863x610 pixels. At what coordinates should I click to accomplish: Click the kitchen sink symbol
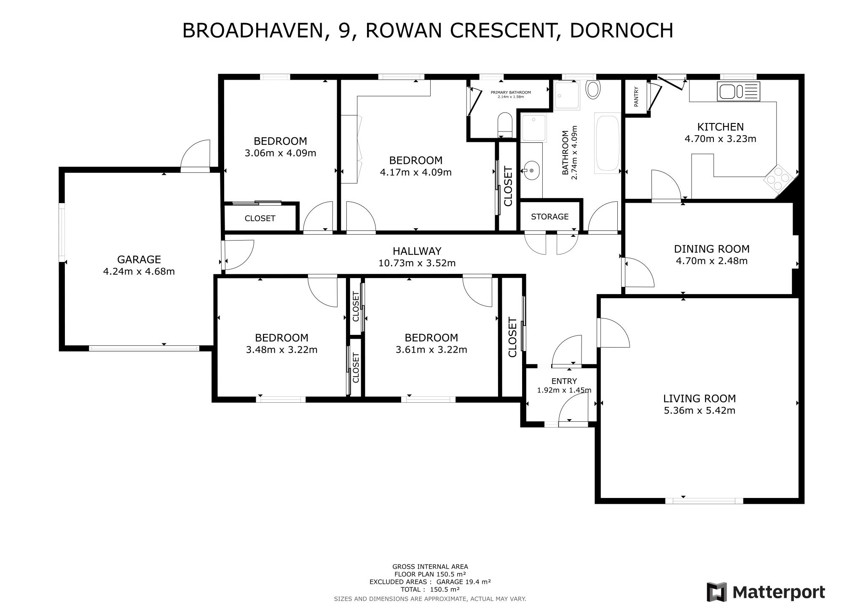tap(738, 91)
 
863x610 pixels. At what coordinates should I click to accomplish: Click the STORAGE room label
tap(549, 217)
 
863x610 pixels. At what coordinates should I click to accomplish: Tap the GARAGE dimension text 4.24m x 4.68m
tap(139, 272)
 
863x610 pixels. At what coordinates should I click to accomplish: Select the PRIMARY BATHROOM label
tap(510, 92)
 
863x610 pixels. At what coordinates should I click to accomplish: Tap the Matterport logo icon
tap(717, 592)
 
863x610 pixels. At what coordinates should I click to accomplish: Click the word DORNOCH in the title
tap(621, 31)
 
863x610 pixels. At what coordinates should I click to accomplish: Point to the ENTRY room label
tap(564, 381)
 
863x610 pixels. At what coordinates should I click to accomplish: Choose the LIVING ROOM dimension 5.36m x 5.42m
tap(699, 410)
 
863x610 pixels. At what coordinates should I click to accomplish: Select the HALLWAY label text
tap(417, 251)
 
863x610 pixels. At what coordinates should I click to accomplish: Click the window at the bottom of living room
tap(704, 500)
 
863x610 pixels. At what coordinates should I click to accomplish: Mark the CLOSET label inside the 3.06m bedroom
tap(260, 218)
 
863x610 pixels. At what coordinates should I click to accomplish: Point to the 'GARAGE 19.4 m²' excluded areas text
tap(464, 582)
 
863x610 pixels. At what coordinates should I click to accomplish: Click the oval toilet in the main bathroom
tap(593, 90)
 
